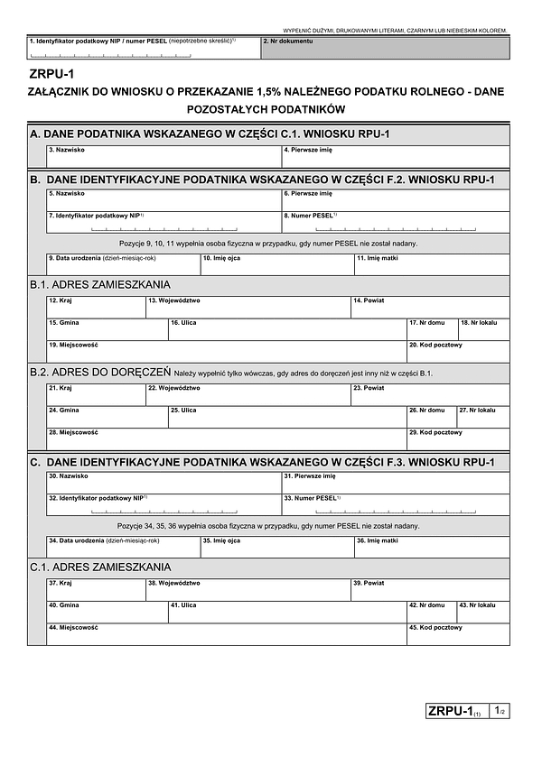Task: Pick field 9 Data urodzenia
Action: (123, 265)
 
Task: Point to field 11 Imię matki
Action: (431, 265)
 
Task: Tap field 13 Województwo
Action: (248, 308)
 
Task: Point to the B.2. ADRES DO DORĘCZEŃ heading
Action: (100, 372)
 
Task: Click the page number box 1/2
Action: (500, 712)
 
